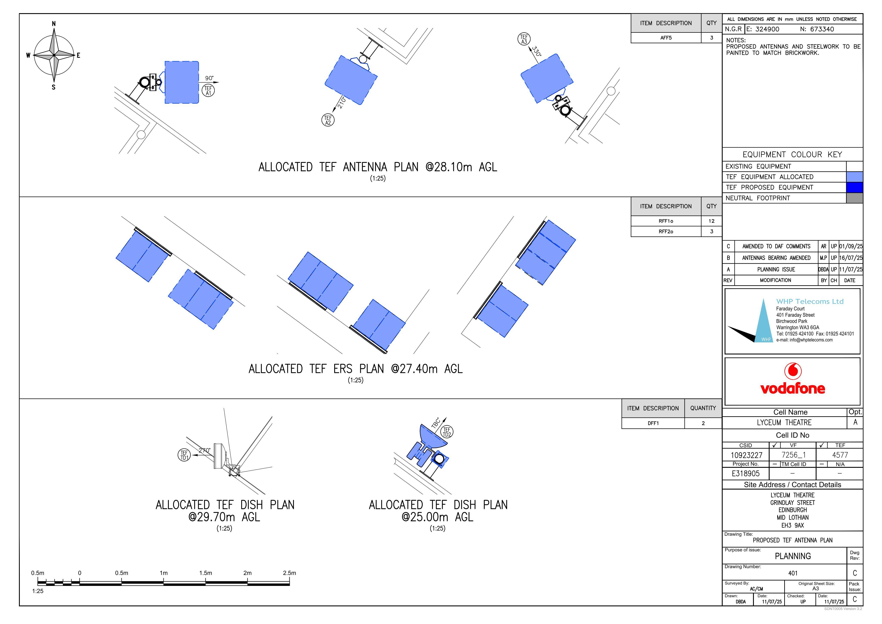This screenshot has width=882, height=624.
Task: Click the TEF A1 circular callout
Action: (x=208, y=90)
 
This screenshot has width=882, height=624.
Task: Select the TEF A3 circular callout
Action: (x=524, y=39)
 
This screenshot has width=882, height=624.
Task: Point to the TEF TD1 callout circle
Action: (x=184, y=455)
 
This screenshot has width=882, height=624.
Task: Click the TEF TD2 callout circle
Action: (x=447, y=432)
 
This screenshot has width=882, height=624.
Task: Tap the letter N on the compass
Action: (x=54, y=24)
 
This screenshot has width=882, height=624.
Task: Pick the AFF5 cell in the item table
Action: (x=666, y=38)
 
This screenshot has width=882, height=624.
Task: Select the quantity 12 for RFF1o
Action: (x=711, y=221)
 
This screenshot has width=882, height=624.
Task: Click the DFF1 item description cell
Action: (x=653, y=423)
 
